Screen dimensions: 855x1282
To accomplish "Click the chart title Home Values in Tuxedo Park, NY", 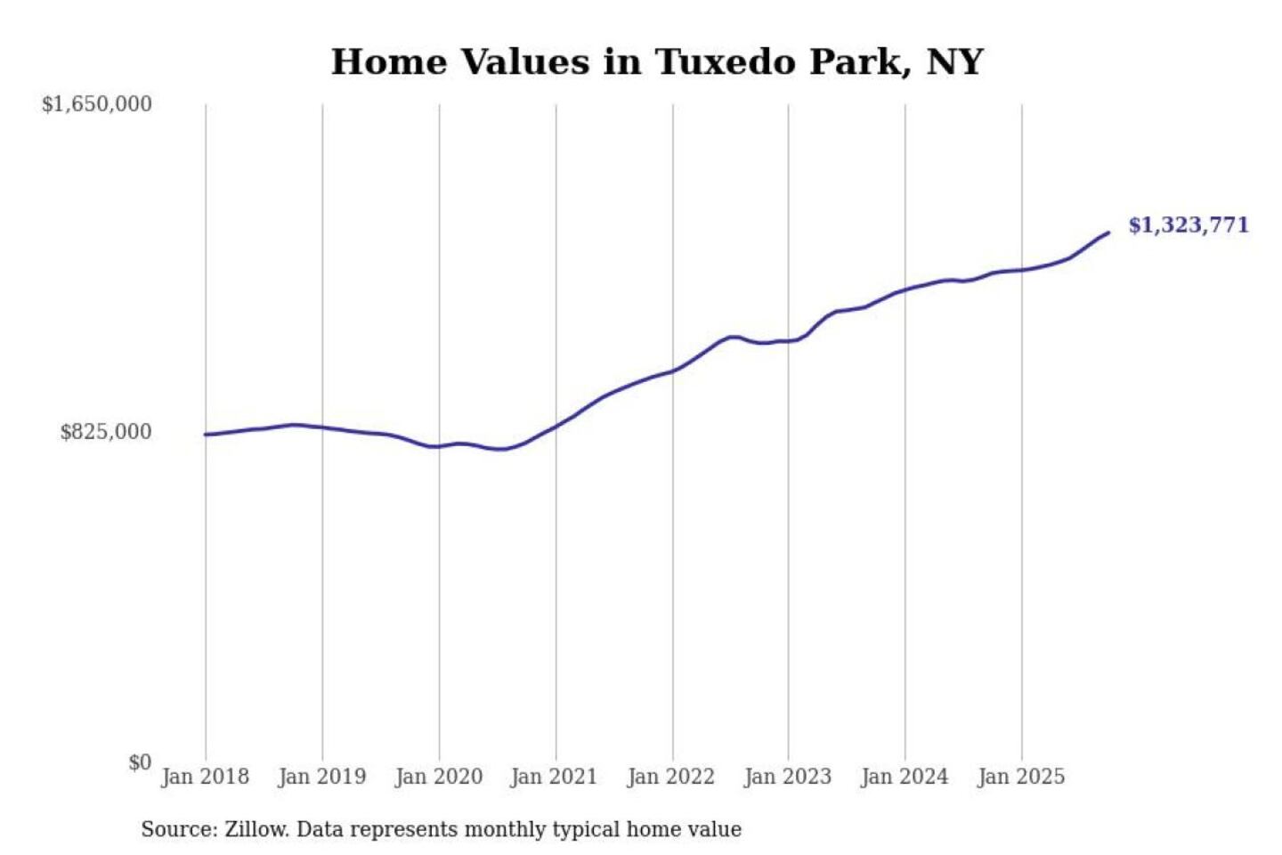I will (657, 62).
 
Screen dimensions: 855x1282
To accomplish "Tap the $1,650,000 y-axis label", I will (97, 104).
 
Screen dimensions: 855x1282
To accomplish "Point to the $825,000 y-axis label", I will (106, 432).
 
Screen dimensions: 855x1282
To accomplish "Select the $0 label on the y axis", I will (140, 762).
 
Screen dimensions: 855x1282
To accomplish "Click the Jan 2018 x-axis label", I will (205, 777).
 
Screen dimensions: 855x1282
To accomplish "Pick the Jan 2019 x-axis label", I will (321, 777).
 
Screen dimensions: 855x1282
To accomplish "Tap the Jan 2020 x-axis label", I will (438, 777).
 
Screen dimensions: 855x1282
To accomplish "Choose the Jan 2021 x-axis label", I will (554, 777).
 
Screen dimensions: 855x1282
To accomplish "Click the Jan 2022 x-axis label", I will (670, 777).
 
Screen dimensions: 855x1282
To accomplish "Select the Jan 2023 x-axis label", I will (787, 777).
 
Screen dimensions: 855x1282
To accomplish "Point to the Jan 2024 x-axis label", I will (905, 777).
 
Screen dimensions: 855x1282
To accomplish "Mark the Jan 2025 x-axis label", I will (1020, 777).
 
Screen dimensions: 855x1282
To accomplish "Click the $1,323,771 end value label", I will (1189, 224).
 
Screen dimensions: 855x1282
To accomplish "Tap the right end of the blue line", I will (1108, 232).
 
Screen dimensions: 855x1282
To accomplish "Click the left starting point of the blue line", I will (206, 435).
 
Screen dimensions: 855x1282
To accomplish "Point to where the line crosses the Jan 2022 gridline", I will (673, 370).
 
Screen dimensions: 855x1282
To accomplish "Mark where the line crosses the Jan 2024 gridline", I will (905, 290).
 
